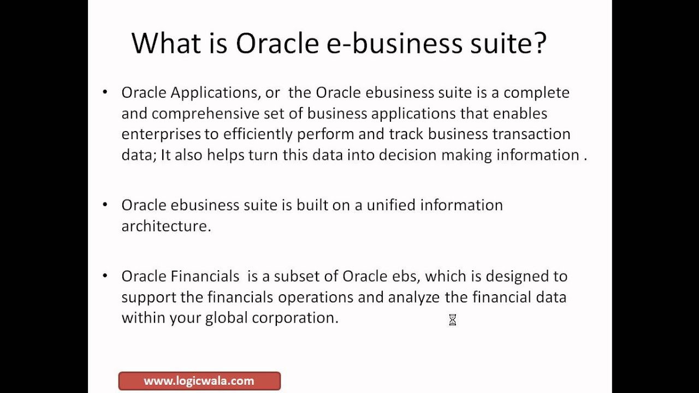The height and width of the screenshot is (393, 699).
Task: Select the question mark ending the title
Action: [x=540, y=43]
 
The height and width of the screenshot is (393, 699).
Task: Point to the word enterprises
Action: [x=162, y=134]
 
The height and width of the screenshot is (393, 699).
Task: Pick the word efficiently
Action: [x=258, y=134]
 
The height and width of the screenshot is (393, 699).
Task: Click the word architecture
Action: [x=165, y=226]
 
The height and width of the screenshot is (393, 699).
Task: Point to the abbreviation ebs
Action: [x=406, y=276]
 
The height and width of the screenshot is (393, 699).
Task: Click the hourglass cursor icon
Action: [x=452, y=320]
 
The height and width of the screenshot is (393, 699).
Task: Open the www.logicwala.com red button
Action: [x=199, y=381]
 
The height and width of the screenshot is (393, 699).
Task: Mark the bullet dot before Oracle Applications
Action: [x=105, y=92]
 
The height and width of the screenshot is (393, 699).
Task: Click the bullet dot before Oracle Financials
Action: [x=105, y=276]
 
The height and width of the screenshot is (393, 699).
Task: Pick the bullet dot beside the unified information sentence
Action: [x=105, y=205]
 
